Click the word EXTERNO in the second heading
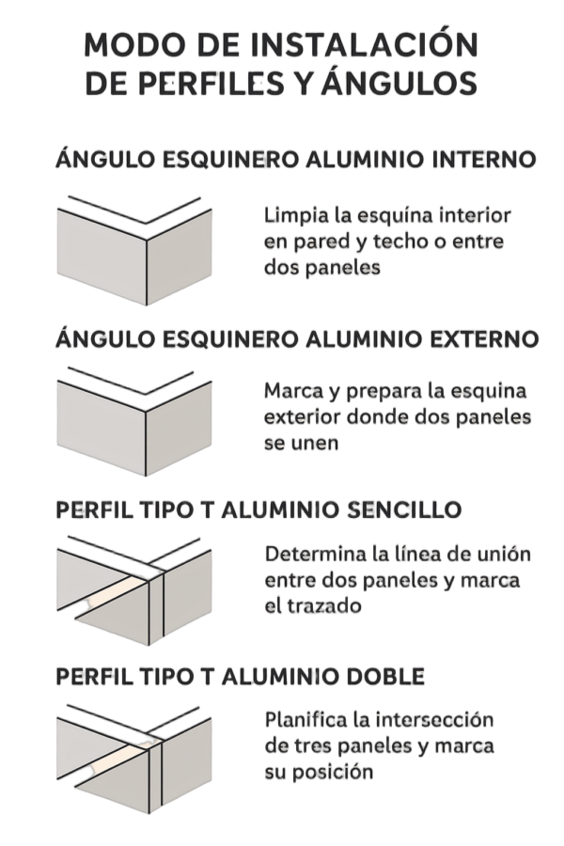[484, 338]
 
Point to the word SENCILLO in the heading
[404, 509]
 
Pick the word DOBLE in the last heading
[385, 677]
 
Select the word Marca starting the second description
[294, 391]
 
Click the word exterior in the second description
[303, 417]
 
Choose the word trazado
[322, 606]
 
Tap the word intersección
[434, 720]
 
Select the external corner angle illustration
[133, 422]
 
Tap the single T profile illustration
[133, 591]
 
